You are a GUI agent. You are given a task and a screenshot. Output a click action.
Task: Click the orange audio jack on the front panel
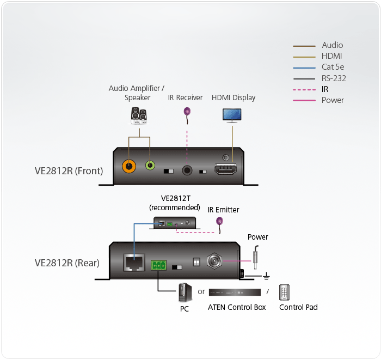click(129, 166)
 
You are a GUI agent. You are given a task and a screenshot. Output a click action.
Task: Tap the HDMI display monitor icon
click(233, 114)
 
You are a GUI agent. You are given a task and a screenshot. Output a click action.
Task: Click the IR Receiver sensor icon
click(187, 112)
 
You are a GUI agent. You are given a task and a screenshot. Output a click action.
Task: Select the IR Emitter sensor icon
click(220, 221)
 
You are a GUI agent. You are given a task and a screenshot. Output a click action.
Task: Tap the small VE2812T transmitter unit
click(175, 222)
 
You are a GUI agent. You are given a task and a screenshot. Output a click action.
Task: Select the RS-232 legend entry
click(333, 78)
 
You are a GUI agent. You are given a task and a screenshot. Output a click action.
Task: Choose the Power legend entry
click(332, 100)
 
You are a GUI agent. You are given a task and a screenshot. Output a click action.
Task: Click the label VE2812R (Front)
click(69, 170)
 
